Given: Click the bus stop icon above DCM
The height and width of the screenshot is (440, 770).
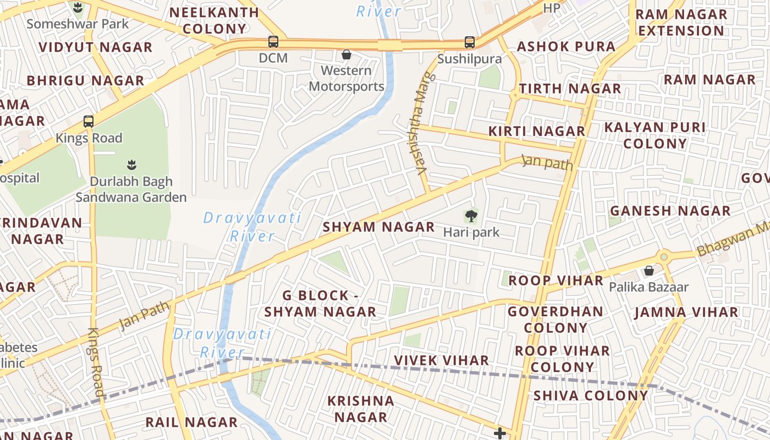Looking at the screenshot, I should coord(273,41).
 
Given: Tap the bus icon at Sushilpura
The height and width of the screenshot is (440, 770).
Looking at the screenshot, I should coord(469,42).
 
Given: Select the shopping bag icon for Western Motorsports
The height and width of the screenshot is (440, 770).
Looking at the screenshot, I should coord(346,54).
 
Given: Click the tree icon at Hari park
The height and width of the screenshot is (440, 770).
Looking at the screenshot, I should coord(471,216).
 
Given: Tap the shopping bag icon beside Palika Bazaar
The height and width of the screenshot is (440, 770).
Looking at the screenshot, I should coord(649,271).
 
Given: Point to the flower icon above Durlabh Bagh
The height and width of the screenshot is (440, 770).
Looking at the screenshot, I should coord(131,164).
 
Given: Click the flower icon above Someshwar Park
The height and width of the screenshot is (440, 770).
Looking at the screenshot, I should coord(78,8).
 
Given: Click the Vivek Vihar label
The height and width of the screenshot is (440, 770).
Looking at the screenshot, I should coord(442,360).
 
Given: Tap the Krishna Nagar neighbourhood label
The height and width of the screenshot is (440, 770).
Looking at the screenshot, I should coord(361,409).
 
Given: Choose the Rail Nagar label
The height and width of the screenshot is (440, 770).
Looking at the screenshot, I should coord(191,422).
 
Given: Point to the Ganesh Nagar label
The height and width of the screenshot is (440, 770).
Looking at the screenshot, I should coord(670,211).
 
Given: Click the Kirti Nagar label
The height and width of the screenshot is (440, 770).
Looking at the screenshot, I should coord(537,131).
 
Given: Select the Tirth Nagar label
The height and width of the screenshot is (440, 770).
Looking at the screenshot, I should coord(570,89).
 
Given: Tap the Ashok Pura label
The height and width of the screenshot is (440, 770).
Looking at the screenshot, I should coord(566,47).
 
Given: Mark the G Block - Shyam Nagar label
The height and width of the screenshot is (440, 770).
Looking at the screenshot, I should coord(320,304).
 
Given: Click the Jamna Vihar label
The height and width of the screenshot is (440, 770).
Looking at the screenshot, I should coord(686,312).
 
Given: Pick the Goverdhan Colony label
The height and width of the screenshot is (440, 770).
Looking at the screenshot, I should coord(555,320).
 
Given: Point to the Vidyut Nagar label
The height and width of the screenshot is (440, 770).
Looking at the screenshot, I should coord(95,47).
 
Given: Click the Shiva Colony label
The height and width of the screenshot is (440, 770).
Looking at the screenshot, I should coord(591,395).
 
